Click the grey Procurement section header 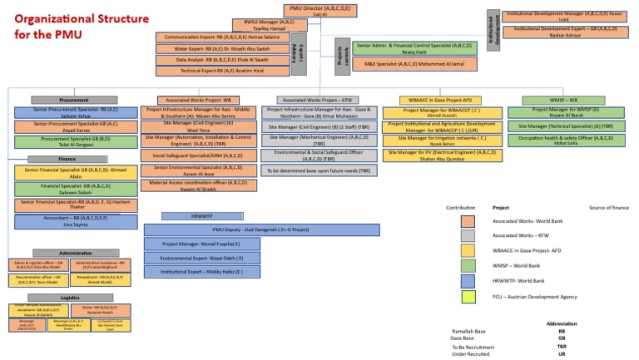73,100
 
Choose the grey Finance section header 67,158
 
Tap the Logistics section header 69,296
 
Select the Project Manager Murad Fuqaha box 201,244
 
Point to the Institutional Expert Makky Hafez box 201,271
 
